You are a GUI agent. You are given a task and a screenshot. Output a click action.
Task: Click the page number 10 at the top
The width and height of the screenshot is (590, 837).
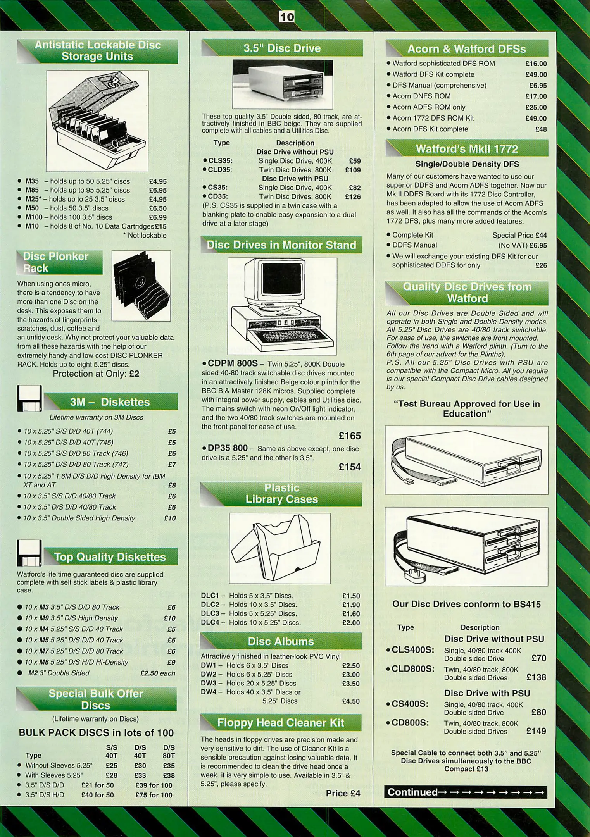pos(287,17)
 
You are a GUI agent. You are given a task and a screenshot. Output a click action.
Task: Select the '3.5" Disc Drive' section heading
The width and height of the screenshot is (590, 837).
pos(282,48)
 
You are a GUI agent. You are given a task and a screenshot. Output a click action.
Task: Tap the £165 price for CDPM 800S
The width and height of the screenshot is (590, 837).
pos(349,436)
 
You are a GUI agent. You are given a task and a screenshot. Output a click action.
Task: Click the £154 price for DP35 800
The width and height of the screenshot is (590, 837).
pos(349,467)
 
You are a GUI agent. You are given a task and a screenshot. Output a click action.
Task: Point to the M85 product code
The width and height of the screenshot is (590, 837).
pos(32,190)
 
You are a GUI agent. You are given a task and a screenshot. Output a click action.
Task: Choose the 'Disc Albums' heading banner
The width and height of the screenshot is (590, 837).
pos(281,641)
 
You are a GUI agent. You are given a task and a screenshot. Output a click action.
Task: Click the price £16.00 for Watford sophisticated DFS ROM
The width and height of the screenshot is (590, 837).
pos(536,64)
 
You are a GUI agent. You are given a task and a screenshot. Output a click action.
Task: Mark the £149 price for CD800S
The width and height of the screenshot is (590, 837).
pos(536,731)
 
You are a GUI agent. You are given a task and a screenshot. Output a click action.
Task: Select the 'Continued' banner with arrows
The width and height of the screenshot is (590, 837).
pos(466,792)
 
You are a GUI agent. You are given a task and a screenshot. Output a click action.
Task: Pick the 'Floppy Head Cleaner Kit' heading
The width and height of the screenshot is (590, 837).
pos(281,723)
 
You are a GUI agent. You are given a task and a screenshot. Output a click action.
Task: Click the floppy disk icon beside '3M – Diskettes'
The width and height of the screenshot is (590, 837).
pos(29,398)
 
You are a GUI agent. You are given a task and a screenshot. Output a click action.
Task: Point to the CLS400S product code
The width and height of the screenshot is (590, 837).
pos(412,650)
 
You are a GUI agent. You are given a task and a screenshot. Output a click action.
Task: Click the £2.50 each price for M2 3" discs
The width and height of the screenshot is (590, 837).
pos(157,673)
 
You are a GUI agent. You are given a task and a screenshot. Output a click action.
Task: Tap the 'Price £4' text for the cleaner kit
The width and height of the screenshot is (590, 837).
pos(343,793)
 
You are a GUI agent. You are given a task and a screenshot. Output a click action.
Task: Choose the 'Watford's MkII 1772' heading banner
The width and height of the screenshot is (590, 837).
pos(467,149)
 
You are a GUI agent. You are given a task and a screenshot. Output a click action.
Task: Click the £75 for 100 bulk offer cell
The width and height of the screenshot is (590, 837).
pos(154,795)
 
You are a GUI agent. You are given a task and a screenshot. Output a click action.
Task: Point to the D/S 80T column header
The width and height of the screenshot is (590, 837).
pos(169,751)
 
